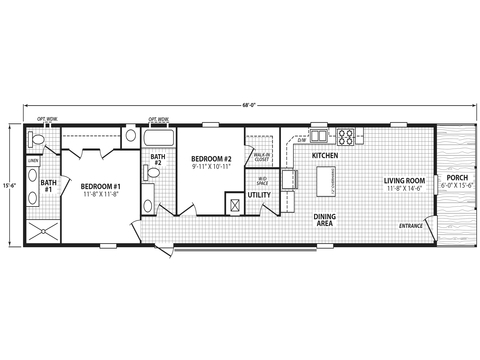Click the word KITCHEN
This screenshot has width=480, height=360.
click(x=325, y=157)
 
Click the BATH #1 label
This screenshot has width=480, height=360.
click(x=47, y=185)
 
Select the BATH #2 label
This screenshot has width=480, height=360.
click(x=158, y=159)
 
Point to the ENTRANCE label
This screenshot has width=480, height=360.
click(x=411, y=226)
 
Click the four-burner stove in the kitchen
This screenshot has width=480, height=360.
click(x=347, y=136)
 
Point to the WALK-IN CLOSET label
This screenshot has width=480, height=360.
click(x=262, y=156)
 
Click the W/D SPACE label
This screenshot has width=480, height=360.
click(x=262, y=181)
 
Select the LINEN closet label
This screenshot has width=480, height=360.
click(x=33, y=159)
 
